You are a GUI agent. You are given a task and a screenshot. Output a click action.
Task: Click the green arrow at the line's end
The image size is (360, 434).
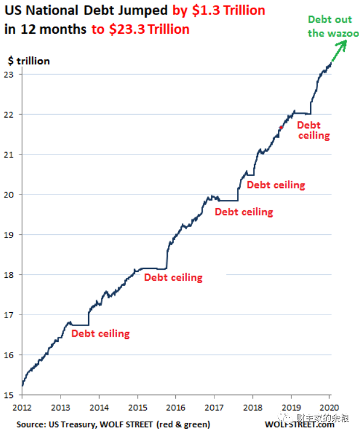point(338,51)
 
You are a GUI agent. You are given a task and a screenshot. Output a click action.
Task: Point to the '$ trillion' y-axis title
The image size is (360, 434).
point(29,61)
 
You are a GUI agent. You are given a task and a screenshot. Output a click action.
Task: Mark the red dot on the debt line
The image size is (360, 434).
point(281,128)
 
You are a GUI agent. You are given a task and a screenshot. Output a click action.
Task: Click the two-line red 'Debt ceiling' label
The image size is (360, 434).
point(313,130)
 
